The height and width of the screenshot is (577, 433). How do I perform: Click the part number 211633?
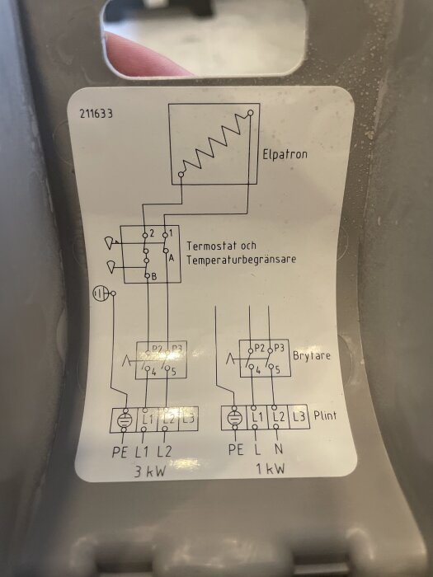pos(96,114)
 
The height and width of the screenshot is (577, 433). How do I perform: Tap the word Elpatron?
pos(285,154)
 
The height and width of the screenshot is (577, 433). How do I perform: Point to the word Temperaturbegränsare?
pos(241,260)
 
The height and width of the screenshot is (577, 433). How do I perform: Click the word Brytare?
pos(312,356)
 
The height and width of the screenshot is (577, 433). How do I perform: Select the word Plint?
pos(325,415)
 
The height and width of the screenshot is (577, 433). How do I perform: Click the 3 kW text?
pos(150,471)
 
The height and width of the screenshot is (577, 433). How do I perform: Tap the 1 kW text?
pos(271,469)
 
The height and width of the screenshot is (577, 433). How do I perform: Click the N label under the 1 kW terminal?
pos(279,449)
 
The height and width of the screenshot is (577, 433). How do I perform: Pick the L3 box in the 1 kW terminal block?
pos(299,417)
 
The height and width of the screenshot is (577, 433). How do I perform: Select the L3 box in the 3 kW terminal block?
pos(188,419)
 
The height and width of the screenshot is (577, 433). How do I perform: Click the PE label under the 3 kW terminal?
pos(120,453)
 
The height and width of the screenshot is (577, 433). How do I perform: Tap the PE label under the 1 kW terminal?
pos(237,449)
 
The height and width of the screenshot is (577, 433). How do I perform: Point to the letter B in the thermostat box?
pos(154,277)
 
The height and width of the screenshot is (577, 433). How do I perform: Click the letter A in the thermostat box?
pos(172,258)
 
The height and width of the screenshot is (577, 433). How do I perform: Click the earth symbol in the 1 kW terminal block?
pos(234,418)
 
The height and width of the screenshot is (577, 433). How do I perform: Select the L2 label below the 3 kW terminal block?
pos(164,452)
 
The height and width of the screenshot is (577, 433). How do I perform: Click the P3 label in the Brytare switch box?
pos(279,348)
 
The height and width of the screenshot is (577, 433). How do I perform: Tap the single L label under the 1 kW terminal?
pos(257,449)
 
